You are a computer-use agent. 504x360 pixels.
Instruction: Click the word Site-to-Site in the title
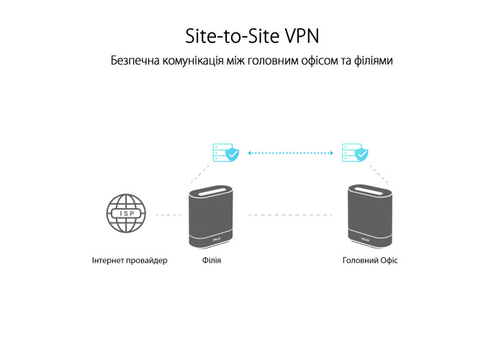[232, 36]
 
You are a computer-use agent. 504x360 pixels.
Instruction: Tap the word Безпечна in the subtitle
[135, 60]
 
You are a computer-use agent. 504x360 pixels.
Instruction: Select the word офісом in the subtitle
[320, 60]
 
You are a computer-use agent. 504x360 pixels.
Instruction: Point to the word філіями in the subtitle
[373, 60]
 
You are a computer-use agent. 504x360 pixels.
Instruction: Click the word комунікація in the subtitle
[193, 60]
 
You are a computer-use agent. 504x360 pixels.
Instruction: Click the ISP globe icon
[126, 213]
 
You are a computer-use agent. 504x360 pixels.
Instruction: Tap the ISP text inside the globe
[127, 213]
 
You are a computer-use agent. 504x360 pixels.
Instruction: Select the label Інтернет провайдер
[130, 260]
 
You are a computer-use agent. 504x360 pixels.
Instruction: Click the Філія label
[212, 260]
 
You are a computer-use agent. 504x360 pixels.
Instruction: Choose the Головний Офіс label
[370, 260]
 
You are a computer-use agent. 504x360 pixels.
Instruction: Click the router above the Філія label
[211, 217]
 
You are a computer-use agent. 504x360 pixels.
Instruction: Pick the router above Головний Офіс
[370, 216]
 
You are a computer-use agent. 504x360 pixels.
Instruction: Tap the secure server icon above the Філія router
[225, 153]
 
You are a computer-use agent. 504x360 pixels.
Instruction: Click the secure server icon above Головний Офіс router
[355, 153]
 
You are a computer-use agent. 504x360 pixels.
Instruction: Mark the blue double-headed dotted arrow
[291, 153]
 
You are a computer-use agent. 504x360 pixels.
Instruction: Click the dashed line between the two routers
[291, 215]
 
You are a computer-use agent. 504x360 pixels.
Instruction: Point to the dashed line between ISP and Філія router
[168, 215]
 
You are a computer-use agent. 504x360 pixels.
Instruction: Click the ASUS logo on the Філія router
[216, 240]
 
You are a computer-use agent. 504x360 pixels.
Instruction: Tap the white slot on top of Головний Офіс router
[369, 191]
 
